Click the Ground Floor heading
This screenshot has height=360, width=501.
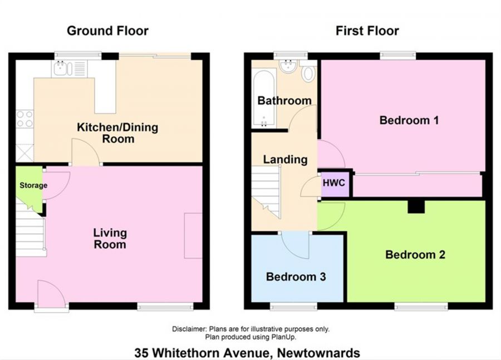coord(107,31)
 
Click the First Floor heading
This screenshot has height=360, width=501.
coord(367,31)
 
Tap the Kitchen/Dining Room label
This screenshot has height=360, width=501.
coord(117,133)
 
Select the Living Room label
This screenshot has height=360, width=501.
coord(110,239)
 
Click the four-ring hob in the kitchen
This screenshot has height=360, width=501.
coord(24,119)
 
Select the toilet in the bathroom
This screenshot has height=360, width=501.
coord(308,73)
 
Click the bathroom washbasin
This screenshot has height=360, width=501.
coord(288,67)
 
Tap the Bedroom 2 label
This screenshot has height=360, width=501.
coord(415,255)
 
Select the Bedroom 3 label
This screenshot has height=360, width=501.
coord(296,277)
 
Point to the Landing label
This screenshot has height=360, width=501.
coord(285,160)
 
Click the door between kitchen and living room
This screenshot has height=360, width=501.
coord(86,153)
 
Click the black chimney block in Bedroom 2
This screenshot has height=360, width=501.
coord(416,206)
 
